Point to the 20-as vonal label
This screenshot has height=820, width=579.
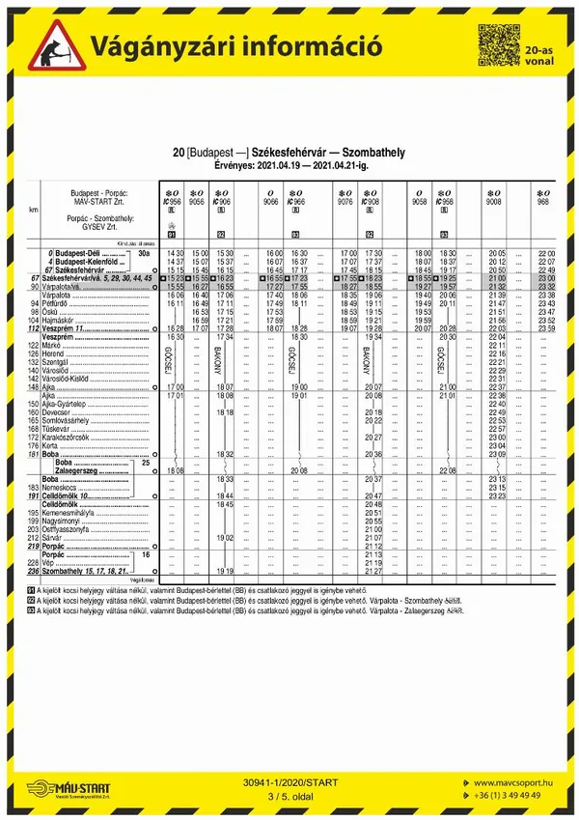[x=538, y=53]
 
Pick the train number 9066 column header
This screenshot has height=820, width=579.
[x=271, y=203]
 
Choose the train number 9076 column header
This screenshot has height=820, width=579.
[x=345, y=203]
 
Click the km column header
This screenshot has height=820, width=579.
[x=34, y=209]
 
